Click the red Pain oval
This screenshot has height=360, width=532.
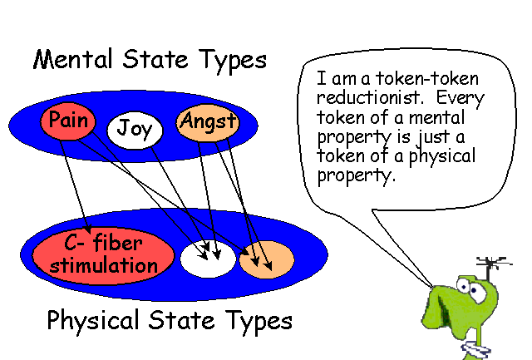pyautogui.click(x=68, y=121)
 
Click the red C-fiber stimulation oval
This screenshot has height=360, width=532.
pyautogui.click(x=103, y=254)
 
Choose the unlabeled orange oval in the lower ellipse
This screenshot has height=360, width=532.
pyautogui.click(x=266, y=258)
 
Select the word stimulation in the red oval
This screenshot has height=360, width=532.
pyautogui.click(x=103, y=266)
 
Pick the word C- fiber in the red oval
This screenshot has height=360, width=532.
pyautogui.click(x=103, y=244)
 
